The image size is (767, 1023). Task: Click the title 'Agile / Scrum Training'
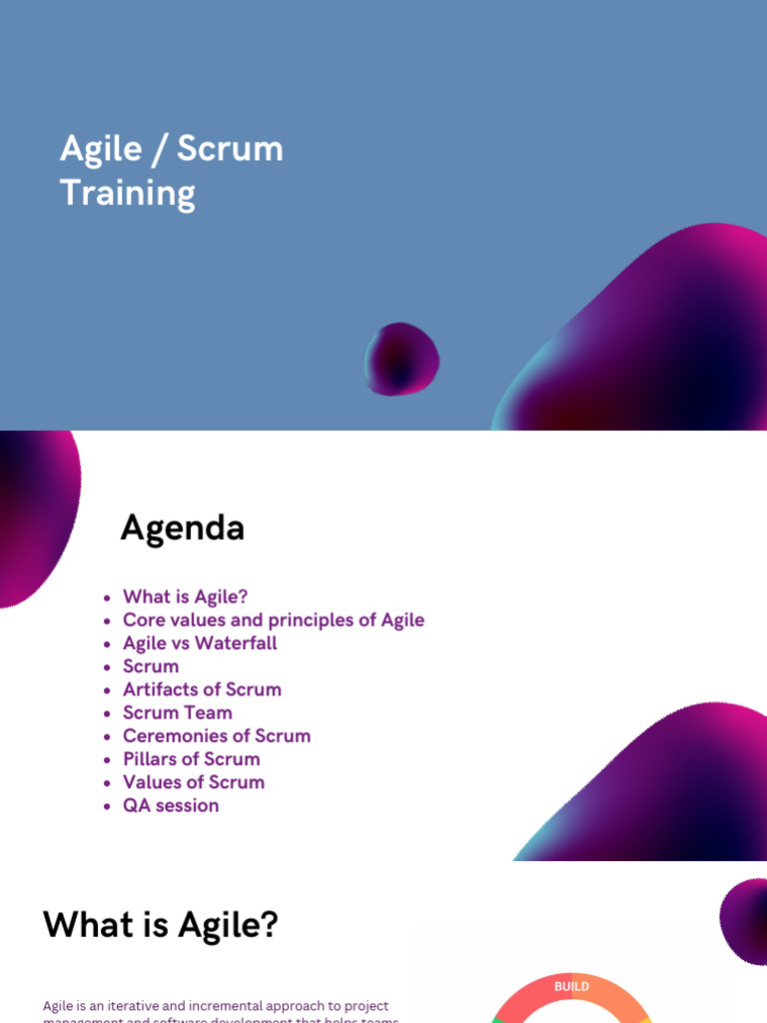[172, 170]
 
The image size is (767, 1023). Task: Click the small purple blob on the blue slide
[401, 359]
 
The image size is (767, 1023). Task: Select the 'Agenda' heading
[183, 527]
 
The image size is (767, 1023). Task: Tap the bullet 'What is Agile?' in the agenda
[185, 596]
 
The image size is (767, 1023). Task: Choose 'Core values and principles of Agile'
[273, 619]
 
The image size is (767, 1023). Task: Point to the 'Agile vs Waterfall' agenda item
[200, 642]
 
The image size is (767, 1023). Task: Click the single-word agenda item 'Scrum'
[151, 666]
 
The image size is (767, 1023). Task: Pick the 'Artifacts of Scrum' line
[202, 689]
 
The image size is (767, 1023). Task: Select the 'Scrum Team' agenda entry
[178, 712]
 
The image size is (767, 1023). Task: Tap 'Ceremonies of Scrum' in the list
[217, 735]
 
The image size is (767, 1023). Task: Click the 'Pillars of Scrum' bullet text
[192, 759]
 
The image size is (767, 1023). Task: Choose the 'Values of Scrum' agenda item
[194, 782]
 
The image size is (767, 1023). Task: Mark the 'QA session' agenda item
[171, 805]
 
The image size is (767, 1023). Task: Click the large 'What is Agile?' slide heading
[160, 924]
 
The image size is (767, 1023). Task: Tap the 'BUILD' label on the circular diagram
[571, 986]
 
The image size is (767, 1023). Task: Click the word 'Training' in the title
[128, 192]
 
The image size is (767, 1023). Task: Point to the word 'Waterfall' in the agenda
[237, 642]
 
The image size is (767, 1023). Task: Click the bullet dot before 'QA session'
[107, 806]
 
